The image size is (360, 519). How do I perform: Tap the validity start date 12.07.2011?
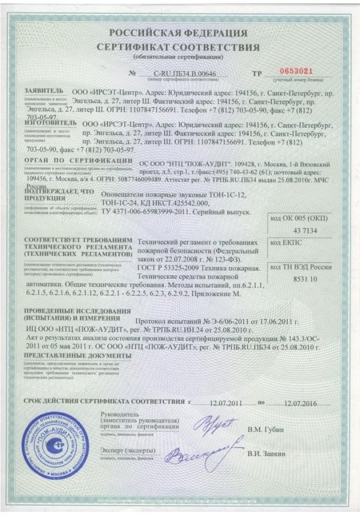223,401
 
